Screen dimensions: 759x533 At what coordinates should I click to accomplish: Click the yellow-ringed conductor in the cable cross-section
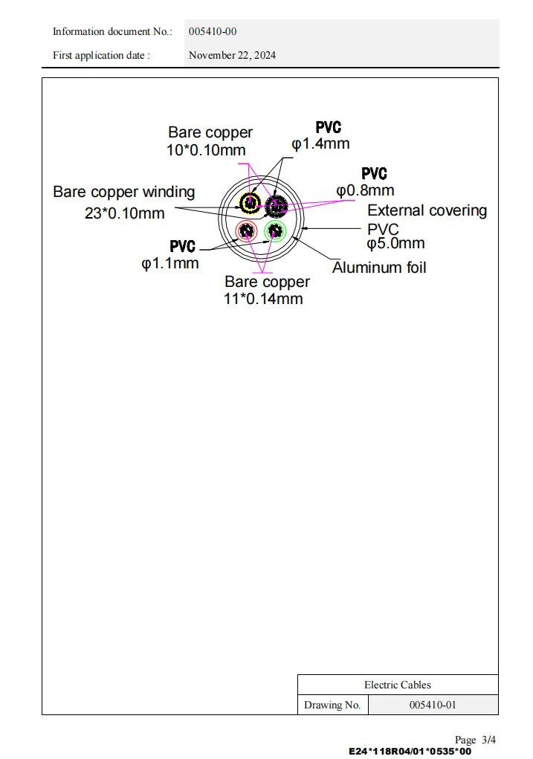click(x=249, y=202)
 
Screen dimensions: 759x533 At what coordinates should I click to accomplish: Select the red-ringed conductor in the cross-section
click(x=246, y=230)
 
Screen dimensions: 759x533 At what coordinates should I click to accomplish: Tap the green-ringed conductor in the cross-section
click(x=275, y=230)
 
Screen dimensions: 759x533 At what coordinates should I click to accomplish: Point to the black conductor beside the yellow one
click(x=276, y=203)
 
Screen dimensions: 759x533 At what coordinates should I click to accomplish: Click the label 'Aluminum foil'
click(x=379, y=268)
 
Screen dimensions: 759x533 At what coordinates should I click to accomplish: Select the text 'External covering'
click(x=427, y=210)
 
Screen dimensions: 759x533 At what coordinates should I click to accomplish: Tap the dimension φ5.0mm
click(x=395, y=243)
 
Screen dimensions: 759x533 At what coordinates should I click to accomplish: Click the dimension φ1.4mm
click(x=320, y=143)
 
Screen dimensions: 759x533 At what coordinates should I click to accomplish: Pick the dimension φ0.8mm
click(x=365, y=190)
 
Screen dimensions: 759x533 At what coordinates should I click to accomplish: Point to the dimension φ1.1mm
click(x=170, y=262)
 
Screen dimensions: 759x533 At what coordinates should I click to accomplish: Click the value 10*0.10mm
click(x=206, y=150)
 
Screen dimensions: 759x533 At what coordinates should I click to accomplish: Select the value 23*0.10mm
click(x=124, y=213)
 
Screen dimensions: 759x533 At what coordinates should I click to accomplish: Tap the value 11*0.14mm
click(x=264, y=299)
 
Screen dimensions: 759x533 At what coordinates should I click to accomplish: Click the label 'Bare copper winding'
click(x=124, y=192)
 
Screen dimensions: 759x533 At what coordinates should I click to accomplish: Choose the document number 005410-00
click(x=213, y=31)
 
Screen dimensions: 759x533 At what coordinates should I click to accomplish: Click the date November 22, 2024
click(x=232, y=55)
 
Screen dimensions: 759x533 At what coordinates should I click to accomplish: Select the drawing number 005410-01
click(x=433, y=705)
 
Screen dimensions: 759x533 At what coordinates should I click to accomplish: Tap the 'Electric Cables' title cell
click(x=398, y=685)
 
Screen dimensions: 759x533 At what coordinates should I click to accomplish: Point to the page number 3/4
click(x=488, y=740)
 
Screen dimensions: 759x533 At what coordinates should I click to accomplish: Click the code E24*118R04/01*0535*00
click(x=410, y=751)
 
